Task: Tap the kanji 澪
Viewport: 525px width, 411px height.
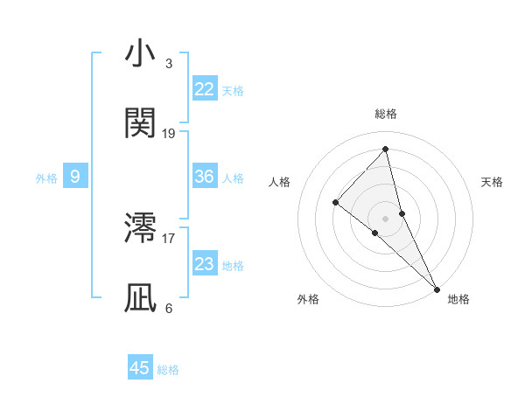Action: point(141,228)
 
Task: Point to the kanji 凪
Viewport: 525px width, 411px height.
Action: point(141,298)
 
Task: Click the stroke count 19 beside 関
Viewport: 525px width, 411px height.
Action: point(169,134)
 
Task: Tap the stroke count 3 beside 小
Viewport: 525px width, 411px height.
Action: point(169,64)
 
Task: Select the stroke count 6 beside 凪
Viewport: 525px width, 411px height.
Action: point(169,308)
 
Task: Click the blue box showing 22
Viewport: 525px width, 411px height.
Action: point(205,89)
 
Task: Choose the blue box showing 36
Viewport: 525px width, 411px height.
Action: point(205,177)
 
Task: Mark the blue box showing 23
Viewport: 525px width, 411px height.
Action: point(205,264)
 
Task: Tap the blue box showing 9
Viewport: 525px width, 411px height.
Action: point(75,177)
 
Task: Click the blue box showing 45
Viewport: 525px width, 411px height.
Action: point(140,368)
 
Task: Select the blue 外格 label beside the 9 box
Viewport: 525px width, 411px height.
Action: point(46,178)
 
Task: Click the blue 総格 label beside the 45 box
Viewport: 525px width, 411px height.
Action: point(168,370)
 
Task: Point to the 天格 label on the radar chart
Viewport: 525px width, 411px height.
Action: point(493,182)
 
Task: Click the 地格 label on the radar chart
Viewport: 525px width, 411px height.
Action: point(458,299)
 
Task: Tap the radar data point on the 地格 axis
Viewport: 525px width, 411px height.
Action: point(437,288)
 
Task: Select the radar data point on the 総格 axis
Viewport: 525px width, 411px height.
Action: point(385,150)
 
